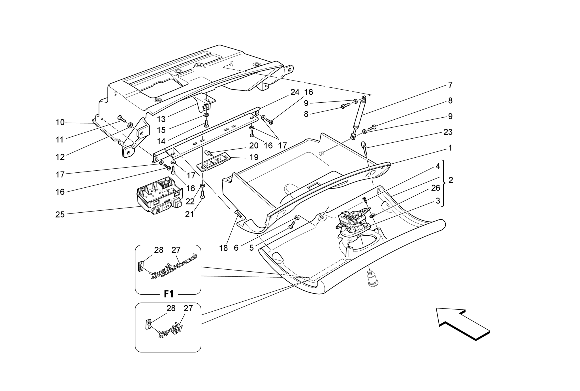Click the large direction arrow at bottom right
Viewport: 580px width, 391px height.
[462, 324]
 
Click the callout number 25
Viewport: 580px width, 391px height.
[60, 215]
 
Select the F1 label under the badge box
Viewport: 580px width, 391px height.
[169, 294]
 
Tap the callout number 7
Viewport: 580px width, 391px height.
[450, 85]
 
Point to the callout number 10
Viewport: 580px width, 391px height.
[60, 122]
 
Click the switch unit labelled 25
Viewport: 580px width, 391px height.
[160, 196]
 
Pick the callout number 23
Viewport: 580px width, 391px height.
[448, 132]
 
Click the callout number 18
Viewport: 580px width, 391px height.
[223, 248]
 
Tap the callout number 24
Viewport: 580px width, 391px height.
[295, 92]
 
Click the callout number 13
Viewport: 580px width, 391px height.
[161, 119]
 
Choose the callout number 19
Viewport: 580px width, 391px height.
[254, 157]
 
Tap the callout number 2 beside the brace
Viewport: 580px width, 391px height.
[451, 180]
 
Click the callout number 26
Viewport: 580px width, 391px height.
[436, 188]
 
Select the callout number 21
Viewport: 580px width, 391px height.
[189, 215]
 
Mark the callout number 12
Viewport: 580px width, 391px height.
[60, 157]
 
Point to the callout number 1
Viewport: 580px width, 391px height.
[450, 148]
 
